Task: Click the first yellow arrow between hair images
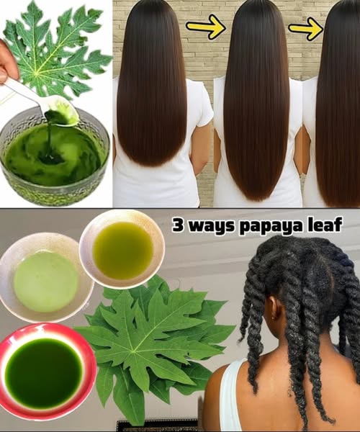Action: click(x=206, y=27)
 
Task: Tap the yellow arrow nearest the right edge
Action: click(x=306, y=28)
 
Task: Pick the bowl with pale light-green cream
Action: click(x=45, y=277)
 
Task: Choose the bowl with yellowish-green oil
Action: click(x=122, y=249)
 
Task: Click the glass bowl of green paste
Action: click(x=55, y=156)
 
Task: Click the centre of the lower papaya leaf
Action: click(x=134, y=351)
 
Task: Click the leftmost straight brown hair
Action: click(x=152, y=83)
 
